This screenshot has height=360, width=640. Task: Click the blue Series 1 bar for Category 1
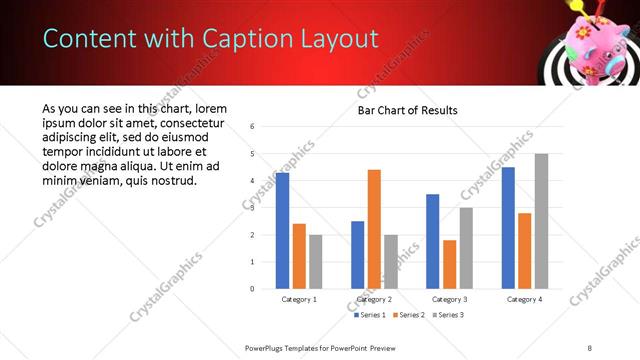pyautogui.click(x=282, y=231)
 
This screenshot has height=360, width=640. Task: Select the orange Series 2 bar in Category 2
pyautogui.click(x=374, y=229)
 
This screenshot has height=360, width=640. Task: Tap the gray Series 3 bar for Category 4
pyautogui.click(x=541, y=221)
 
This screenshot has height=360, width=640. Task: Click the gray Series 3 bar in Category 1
pyautogui.click(x=316, y=262)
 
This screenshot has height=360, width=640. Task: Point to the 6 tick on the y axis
pyautogui.click(x=253, y=127)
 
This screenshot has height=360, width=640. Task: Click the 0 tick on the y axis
pyautogui.click(x=253, y=289)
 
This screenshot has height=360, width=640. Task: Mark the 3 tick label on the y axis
pyautogui.click(x=253, y=208)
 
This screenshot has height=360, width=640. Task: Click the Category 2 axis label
pyautogui.click(x=374, y=299)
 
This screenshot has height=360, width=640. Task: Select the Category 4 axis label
pyautogui.click(x=524, y=299)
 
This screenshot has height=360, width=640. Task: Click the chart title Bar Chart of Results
pyautogui.click(x=408, y=110)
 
